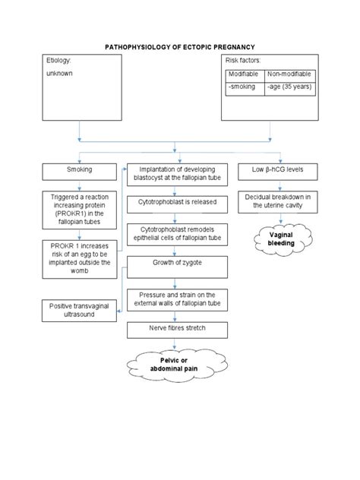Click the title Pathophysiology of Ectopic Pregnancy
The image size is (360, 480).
179,47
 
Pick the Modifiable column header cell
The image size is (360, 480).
244,74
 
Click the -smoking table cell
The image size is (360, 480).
244,87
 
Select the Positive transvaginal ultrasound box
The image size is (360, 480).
79,310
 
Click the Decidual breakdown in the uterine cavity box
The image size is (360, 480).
279,201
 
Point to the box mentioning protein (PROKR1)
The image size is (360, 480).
79,209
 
